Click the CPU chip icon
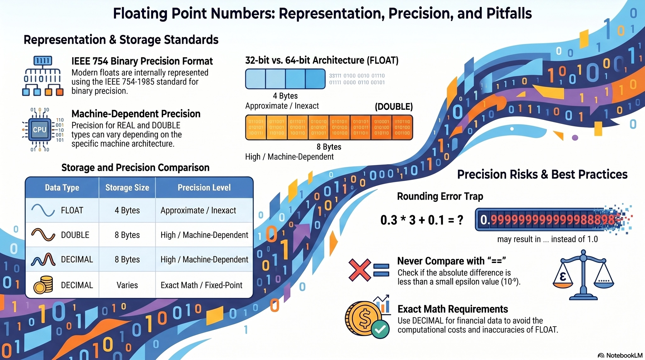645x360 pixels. tap(40, 129)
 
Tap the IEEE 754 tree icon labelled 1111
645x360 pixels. tap(43, 76)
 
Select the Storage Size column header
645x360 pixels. tap(127, 188)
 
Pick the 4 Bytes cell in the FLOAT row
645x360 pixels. tap(127, 210)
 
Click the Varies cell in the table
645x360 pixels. tap(127, 285)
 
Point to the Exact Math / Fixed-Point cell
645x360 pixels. tap(201, 285)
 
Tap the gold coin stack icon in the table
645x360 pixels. tap(43, 285)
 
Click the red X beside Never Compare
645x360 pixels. tap(359, 270)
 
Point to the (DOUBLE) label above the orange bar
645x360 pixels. tap(394, 107)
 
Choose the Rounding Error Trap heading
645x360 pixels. tap(440, 196)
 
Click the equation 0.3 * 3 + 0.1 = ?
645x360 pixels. tap(421, 220)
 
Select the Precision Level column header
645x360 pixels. tap(204, 188)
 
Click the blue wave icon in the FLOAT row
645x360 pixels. tap(43, 210)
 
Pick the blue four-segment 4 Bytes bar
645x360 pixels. tap(285, 79)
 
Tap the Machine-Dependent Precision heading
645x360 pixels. tap(136, 114)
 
